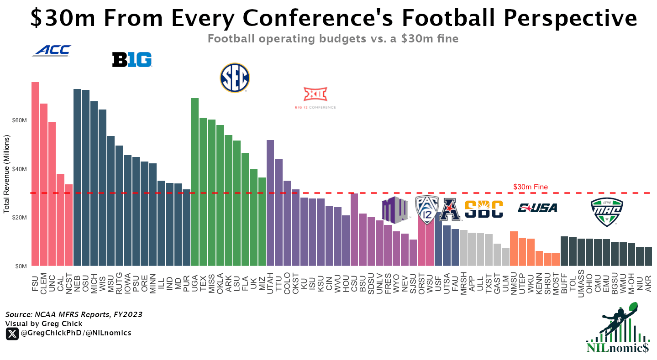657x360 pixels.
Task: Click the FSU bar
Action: (35, 173)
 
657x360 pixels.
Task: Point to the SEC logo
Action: (235, 78)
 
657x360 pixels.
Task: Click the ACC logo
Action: (52, 51)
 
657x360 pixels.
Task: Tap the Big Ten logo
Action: (132, 60)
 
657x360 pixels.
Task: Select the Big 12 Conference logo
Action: (315, 98)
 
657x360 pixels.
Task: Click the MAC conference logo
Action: (607, 212)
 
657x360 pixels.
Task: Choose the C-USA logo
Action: (537, 208)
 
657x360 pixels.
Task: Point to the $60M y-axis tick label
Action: (19, 120)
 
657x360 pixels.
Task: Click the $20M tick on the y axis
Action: (19, 217)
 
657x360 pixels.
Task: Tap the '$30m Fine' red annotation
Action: (530, 187)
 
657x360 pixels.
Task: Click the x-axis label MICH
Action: (94, 282)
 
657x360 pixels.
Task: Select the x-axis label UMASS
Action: (581, 284)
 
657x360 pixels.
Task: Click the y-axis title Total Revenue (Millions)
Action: (7, 174)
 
